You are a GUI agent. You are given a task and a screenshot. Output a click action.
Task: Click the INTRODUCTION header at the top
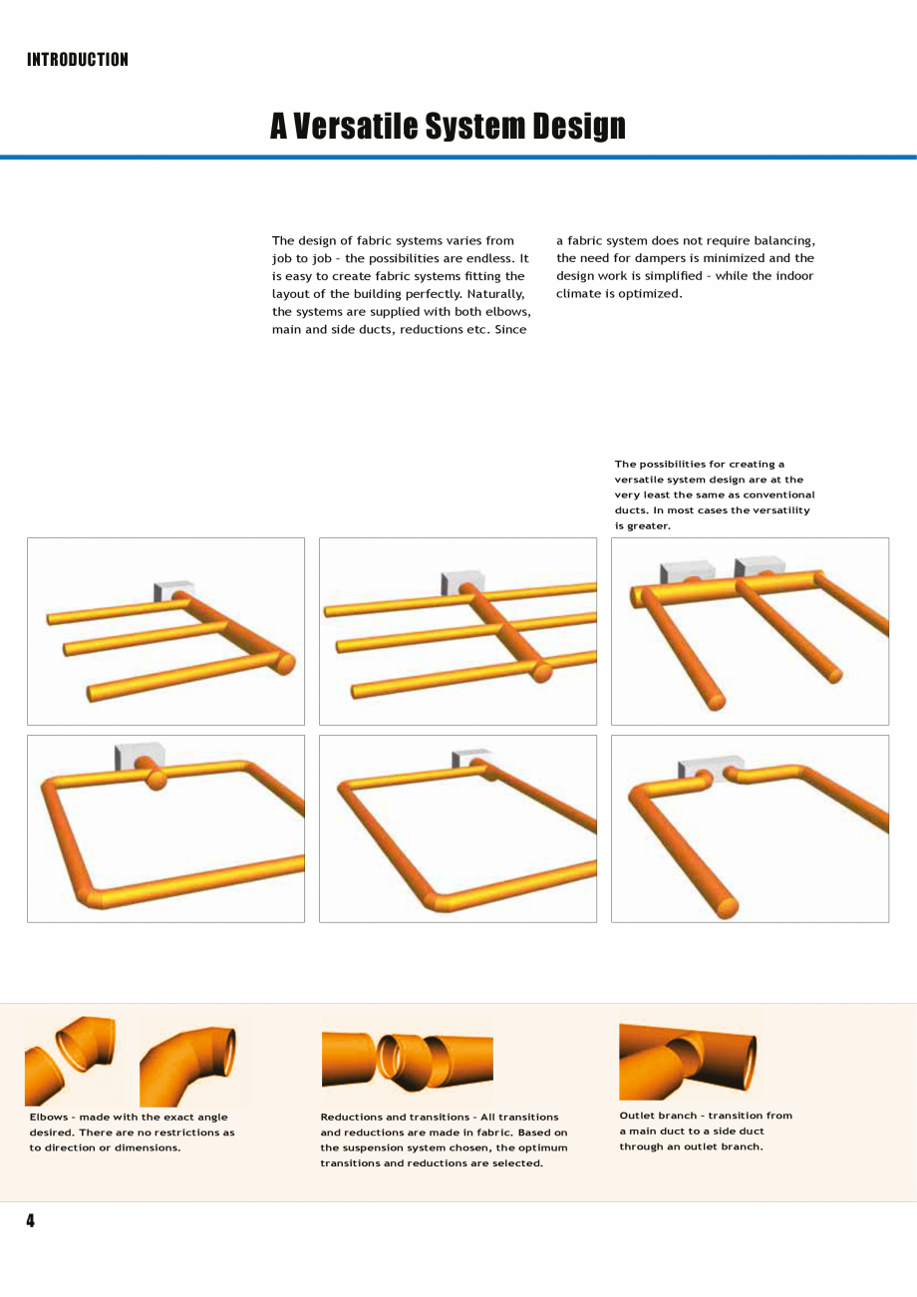78,60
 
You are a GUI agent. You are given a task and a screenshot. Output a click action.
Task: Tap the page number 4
31,1220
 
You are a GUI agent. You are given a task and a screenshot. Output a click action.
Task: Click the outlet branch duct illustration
688,1060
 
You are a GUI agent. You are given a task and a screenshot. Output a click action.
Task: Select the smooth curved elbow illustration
189,1064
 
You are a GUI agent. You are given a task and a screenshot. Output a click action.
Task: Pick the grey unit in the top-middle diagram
458,581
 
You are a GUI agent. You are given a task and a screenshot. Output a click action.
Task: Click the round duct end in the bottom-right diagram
728,907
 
